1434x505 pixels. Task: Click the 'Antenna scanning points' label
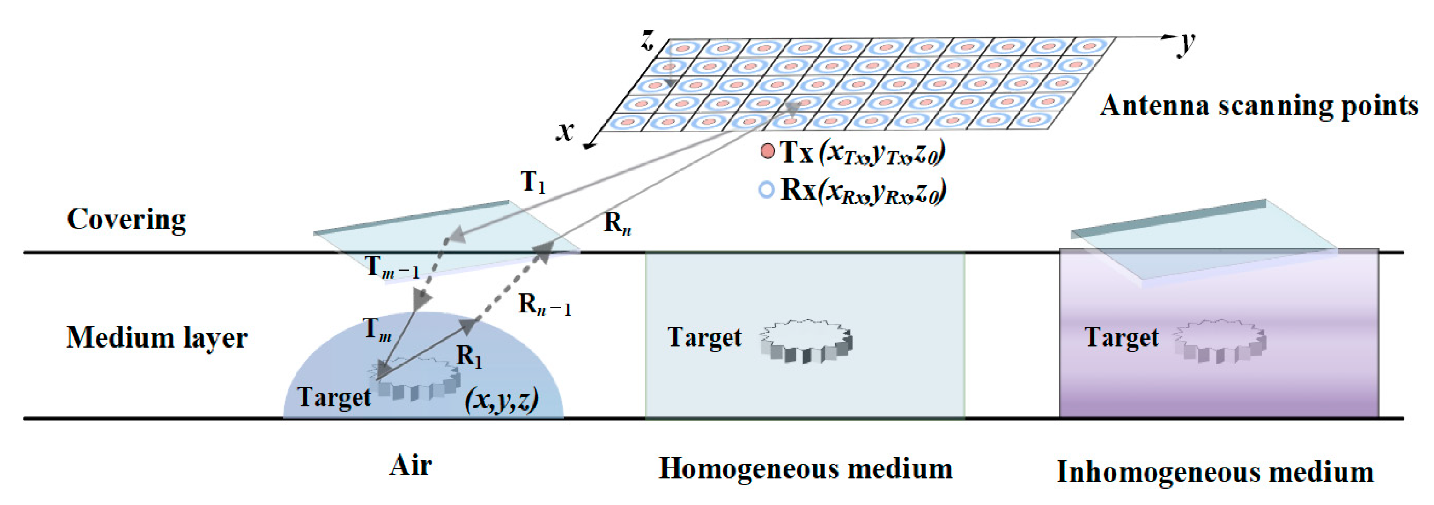pyautogui.click(x=1258, y=106)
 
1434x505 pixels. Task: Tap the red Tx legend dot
pyautogui.click(x=767, y=151)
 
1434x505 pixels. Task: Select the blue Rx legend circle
pyautogui.click(x=767, y=190)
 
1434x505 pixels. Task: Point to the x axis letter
pyautogui.click(x=565, y=131)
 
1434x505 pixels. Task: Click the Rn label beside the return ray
pyautogui.click(x=617, y=224)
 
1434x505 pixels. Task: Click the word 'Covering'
pyautogui.click(x=126, y=219)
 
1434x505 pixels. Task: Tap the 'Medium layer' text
pyautogui.click(x=156, y=337)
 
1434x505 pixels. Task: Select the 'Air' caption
pyautogui.click(x=410, y=466)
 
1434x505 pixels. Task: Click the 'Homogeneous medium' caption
pyautogui.click(x=806, y=469)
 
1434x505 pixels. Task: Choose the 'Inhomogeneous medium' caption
pyautogui.click(x=1215, y=472)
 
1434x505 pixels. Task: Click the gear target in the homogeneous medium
pyautogui.click(x=806, y=341)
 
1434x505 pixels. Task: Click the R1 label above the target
pyautogui.click(x=469, y=356)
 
